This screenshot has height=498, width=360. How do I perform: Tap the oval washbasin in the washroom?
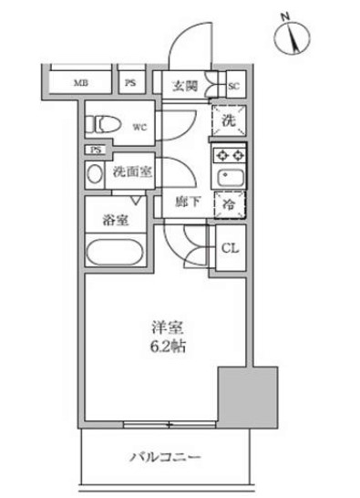(94, 173)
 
